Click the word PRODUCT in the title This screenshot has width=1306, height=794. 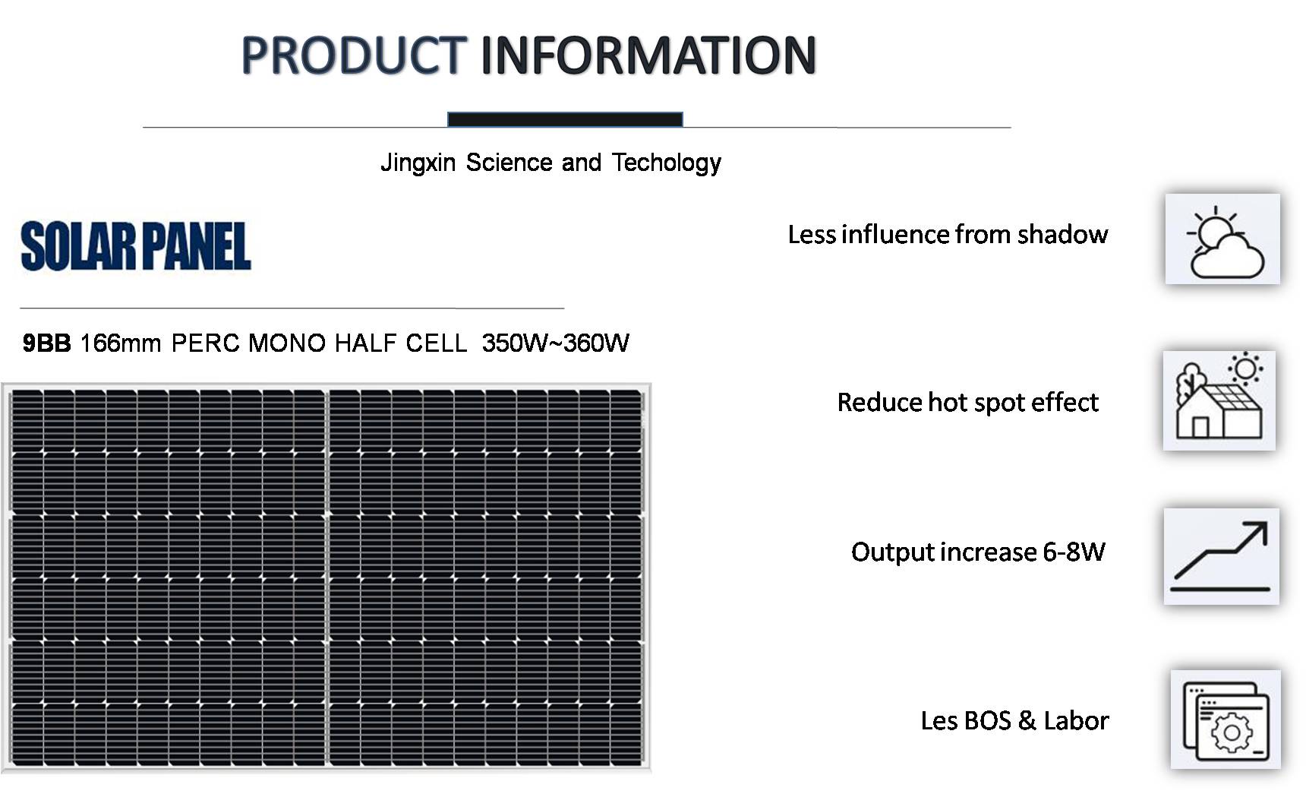(352, 55)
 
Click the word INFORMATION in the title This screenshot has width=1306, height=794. (648, 55)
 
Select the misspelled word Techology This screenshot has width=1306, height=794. (666, 163)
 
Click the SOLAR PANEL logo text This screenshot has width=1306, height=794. (136, 246)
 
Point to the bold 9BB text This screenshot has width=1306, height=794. (46, 343)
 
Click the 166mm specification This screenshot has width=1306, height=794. (121, 343)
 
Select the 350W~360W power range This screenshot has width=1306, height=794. (555, 343)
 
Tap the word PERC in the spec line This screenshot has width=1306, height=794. (206, 343)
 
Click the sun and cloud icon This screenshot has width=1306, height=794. (1222, 239)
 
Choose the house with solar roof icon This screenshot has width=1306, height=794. (1219, 400)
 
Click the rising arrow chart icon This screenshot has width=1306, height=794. (1221, 556)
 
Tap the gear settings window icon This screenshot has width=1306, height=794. (1226, 719)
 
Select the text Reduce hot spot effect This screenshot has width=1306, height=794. (967, 402)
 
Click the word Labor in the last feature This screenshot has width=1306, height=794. (1076, 720)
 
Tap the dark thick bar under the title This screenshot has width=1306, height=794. (565, 119)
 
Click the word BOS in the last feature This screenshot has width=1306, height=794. (987, 720)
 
